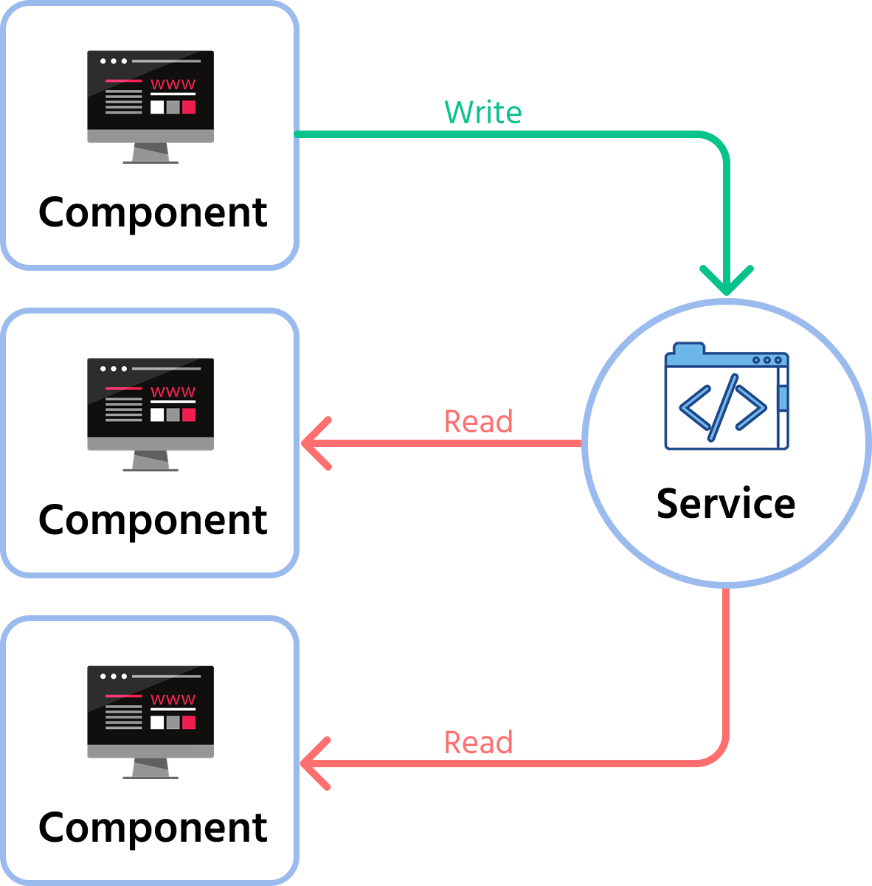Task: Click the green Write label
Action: tap(482, 113)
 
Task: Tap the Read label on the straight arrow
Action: tap(478, 421)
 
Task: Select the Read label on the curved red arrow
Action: tap(478, 742)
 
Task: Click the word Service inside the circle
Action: tap(726, 504)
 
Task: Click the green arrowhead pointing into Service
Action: tap(727, 282)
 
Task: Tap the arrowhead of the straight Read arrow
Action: tap(314, 443)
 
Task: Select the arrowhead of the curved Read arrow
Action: tap(314, 763)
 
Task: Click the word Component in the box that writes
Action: tap(153, 212)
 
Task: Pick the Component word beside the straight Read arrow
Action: tap(153, 520)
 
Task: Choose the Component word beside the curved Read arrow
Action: tap(153, 828)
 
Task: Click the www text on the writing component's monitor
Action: tap(173, 84)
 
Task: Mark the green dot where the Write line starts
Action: tap(297, 134)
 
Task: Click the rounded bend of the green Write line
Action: tap(717, 144)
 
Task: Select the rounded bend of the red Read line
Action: tap(717, 753)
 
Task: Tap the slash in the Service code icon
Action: tap(723, 407)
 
